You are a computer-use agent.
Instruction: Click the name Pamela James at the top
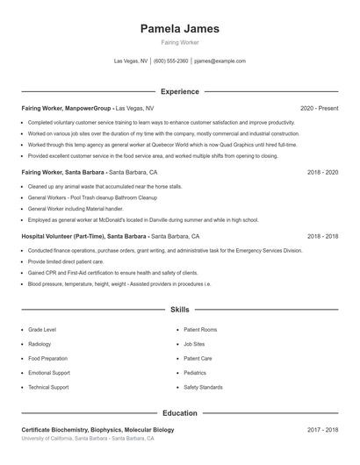pos(179,29)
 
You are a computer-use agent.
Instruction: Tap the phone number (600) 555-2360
pos(171,61)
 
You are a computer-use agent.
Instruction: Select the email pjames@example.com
pos(220,61)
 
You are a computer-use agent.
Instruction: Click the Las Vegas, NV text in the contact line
pos(131,61)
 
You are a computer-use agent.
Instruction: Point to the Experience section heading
pos(179,91)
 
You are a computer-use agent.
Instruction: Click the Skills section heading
pos(179,310)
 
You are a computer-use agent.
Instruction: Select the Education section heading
pos(179,412)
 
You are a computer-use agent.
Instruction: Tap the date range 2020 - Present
pos(319,108)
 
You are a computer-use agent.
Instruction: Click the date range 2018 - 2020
pos(322,172)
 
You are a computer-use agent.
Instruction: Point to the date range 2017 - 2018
pos(322,430)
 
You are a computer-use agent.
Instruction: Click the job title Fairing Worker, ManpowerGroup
pos(67,108)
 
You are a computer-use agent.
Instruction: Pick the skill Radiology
pos(40,344)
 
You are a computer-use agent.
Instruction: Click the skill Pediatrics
pos(195,372)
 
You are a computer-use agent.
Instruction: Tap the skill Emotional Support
pos(49,372)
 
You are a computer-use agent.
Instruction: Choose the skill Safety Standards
pos(203,387)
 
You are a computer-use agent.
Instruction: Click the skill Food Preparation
pos(47,358)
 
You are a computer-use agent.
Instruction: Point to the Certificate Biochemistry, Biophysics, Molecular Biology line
pos(97,430)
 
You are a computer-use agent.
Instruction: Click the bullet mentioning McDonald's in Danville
pos(143,220)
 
